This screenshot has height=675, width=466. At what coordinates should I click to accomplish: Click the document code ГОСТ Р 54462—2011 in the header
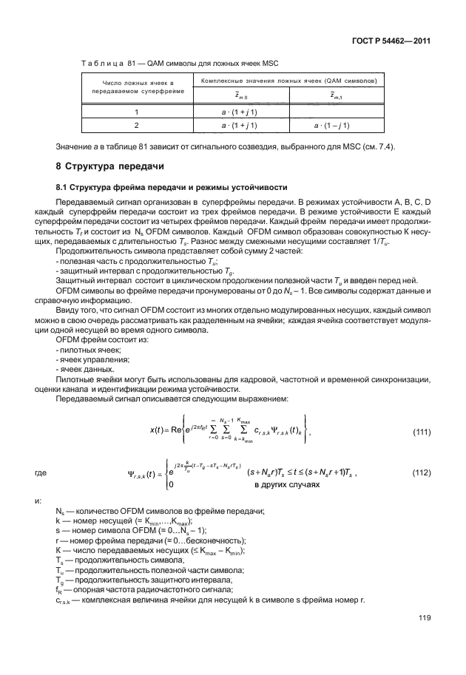click(x=394, y=41)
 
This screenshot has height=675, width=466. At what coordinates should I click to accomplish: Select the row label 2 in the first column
click(x=137, y=125)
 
